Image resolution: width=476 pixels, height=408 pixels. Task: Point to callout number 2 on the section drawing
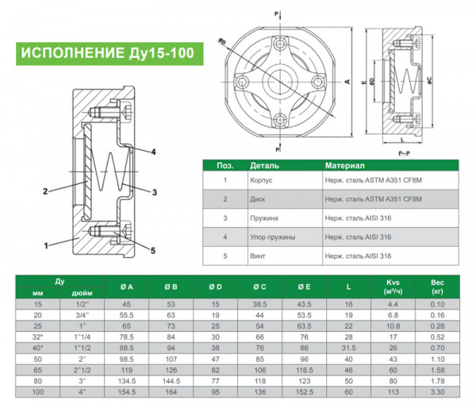(46, 191)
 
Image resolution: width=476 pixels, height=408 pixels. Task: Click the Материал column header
(344, 166)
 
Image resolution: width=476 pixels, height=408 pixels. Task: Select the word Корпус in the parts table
(262, 180)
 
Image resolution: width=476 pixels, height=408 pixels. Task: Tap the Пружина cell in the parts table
(265, 218)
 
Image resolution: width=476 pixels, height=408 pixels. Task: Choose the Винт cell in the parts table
(259, 256)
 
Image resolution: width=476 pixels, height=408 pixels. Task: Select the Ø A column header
(126, 287)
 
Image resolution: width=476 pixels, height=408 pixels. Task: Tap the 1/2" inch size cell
(79, 304)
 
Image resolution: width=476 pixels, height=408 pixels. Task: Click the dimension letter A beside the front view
(347, 82)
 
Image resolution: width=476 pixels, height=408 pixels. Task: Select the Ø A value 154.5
(126, 392)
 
